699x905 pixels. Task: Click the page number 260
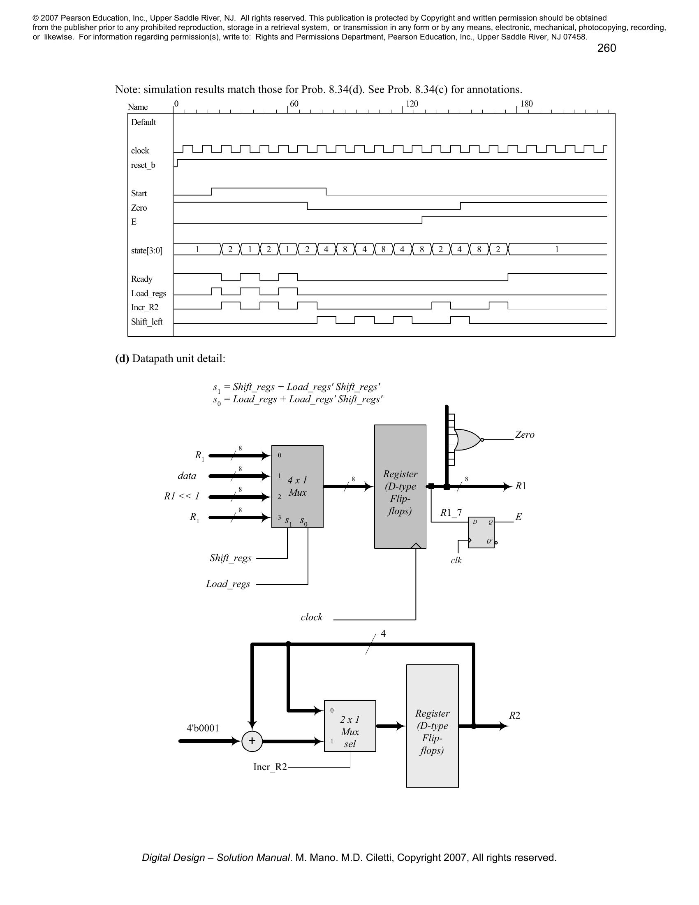[606, 48]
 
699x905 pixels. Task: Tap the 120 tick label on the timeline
[412, 104]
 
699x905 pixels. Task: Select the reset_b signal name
[143, 165]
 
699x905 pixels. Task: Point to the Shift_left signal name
[147, 322]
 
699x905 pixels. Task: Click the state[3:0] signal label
[147, 250]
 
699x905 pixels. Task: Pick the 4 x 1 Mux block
[297, 487]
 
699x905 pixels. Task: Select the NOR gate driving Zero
[468, 440]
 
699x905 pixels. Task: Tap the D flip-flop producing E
[481, 532]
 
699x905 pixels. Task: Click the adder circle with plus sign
[252, 741]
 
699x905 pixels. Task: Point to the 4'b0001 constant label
[203, 728]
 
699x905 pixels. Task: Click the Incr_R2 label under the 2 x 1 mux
[270, 767]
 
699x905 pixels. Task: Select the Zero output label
[525, 435]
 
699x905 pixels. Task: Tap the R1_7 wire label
[451, 513]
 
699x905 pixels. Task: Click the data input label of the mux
[187, 476]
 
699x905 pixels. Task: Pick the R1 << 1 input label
[181, 496]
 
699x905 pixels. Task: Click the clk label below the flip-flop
[456, 560]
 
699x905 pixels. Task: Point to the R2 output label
[514, 715]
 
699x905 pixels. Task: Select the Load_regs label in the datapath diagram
[228, 584]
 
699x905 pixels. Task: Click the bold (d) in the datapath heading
[122, 358]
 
